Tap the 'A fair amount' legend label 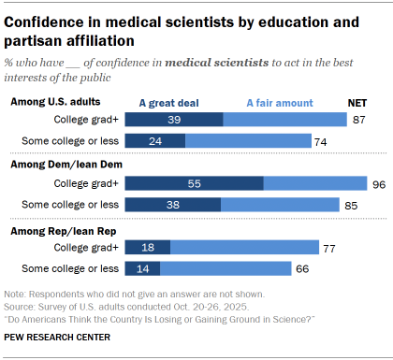click(x=282, y=102)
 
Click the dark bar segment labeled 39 click(x=173, y=120)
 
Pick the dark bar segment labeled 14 click(x=142, y=268)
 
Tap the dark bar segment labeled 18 click(x=147, y=248)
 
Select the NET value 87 click(x=357, y=120)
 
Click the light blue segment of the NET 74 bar click(x=248, y=141)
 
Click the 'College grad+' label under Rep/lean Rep click(x=87, y=248)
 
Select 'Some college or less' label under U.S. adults click(x=70, y=141)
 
